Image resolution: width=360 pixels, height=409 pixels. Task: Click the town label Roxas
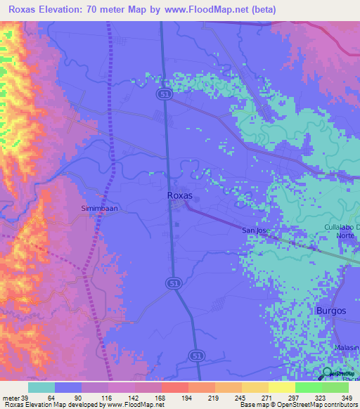[x=180, y=196]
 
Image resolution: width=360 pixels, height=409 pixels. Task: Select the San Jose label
[x=255, y=231]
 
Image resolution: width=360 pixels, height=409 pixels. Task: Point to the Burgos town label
[x=331, y=310]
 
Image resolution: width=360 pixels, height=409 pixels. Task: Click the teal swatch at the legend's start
[x=41, y=387]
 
